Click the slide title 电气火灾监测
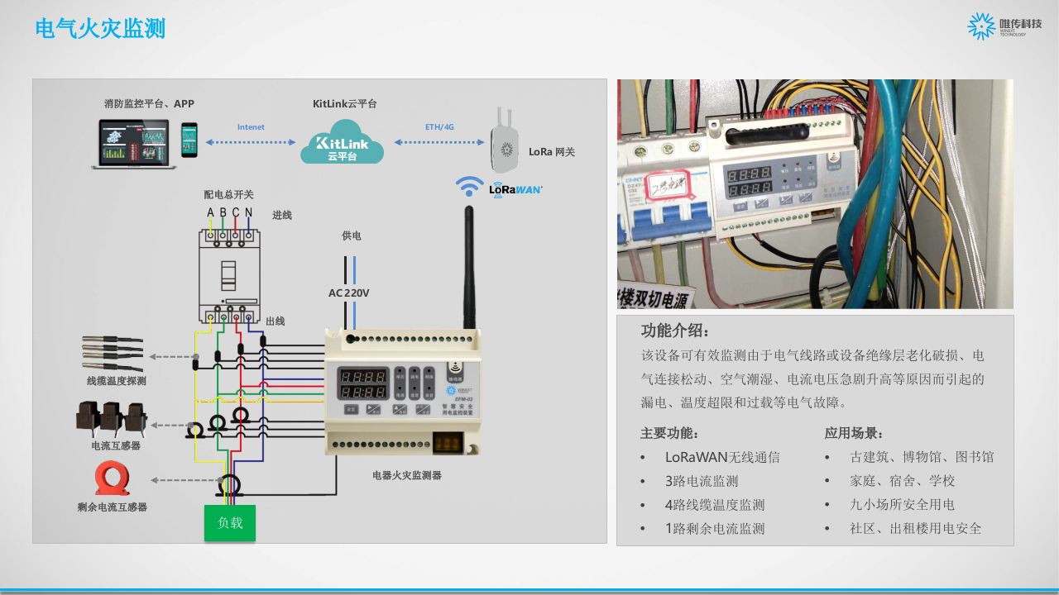(100, 28)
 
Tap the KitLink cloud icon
(342, 142)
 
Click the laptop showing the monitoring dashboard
(133, 144)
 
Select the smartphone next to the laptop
(190, 140)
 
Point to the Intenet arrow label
(251, 127)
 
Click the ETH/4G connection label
(439, 127)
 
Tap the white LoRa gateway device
(504, 145)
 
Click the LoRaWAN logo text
(515, 189)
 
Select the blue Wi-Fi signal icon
(469, 186)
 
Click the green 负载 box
(230, 523)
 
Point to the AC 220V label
(348, 293)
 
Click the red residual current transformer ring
(112, 478)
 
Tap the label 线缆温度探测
(116, 381)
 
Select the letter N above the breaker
(248, 213)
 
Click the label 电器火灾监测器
(406, 475)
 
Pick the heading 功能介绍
(675, 331)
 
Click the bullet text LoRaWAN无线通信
(721, 457)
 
